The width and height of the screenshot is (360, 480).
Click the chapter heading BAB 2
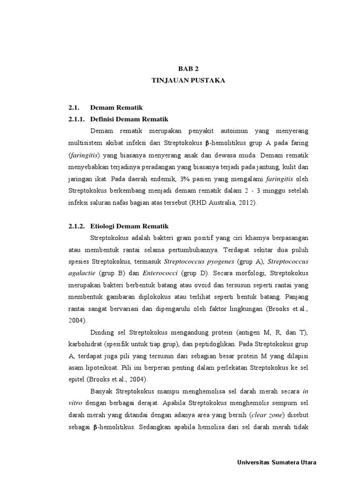(188, 68)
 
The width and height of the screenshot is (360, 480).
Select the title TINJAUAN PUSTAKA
(188, 81)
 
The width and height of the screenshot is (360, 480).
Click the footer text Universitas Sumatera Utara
(277, 463)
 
